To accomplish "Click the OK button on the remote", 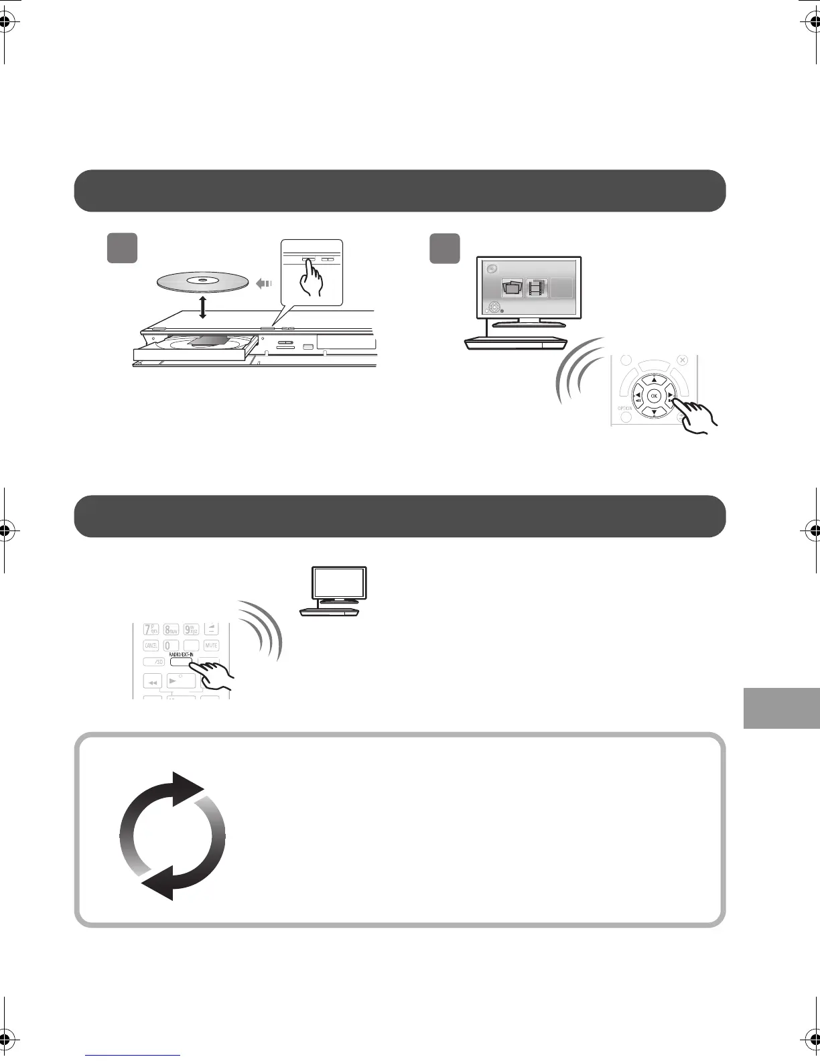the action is click(655, 397).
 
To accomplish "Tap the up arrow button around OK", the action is click(655, 379).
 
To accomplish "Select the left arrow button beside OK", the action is click(637, 397).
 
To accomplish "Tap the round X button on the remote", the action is click(682, 360).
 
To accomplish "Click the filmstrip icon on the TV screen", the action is click(537, 288).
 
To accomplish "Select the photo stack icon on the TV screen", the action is click(512, 289).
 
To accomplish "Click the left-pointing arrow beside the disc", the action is click(264, 283).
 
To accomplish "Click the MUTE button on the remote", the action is click(212, 646).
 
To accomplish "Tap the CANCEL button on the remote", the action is click(151, 646).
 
